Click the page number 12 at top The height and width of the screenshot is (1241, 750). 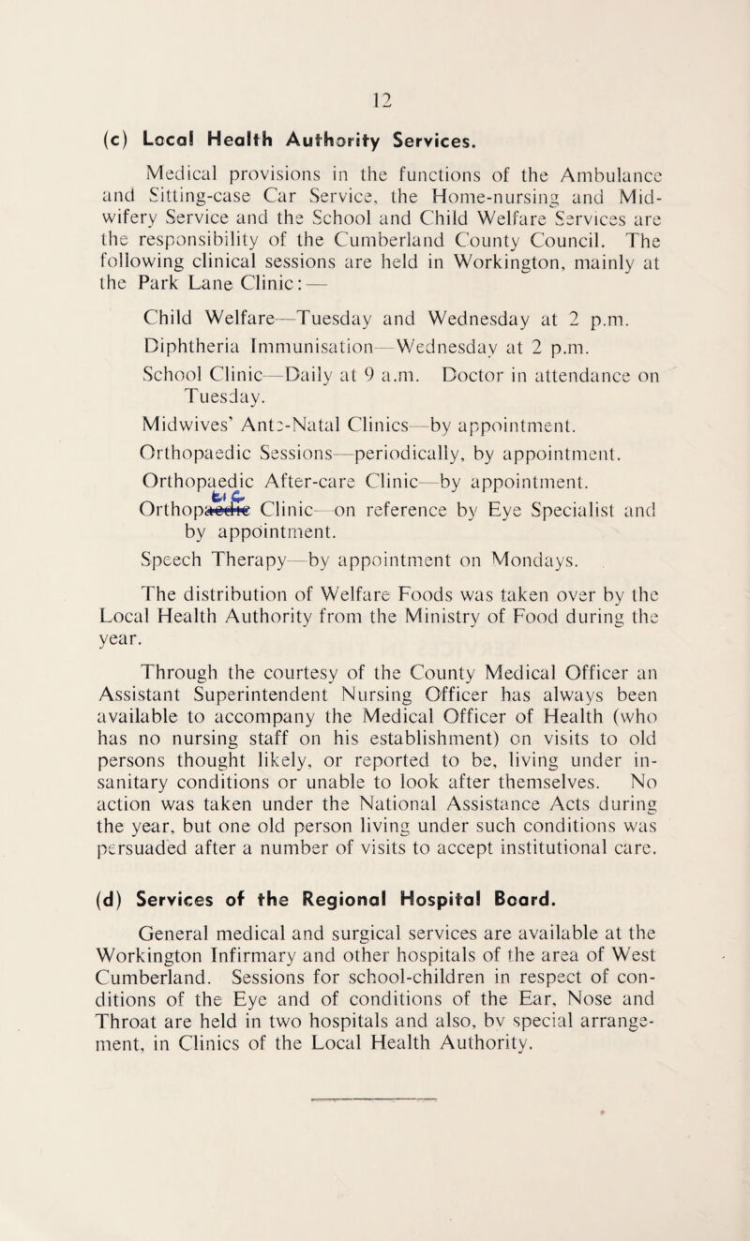(374, 37)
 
